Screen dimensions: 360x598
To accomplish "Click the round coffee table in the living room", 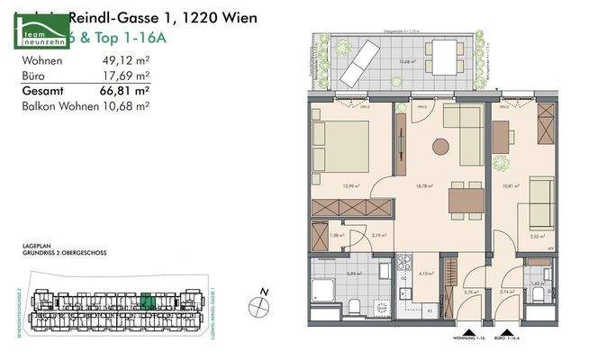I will coord(440,147).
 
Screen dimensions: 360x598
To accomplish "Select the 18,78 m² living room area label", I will coord(425,187).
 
